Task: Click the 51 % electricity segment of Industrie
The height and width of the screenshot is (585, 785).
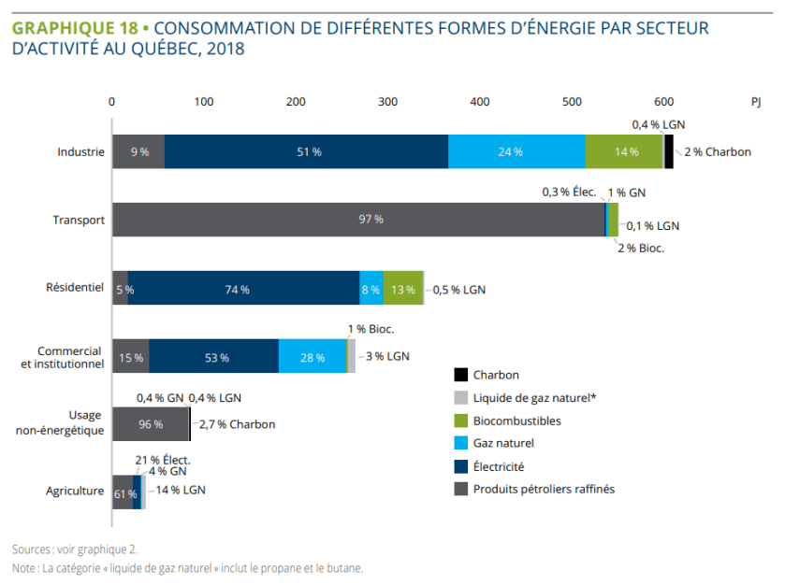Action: [306, 151]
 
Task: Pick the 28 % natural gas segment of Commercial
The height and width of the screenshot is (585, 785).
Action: [313, 357]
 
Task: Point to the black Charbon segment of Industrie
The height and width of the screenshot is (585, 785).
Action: [669, 151]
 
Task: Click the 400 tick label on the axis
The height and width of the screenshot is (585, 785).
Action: [387, 101]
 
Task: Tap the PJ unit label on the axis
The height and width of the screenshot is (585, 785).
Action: [756, 101]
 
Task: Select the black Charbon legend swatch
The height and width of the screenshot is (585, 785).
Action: [460, 375]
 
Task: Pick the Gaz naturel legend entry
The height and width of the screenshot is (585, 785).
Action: [503, 443]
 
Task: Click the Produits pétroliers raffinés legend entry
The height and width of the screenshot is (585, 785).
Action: [544, 488]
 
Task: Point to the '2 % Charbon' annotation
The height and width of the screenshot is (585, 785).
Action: [717, 151]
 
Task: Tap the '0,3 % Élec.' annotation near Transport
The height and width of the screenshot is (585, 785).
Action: [569, 193]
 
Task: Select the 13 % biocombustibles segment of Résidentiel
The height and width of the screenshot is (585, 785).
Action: [403, 289]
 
